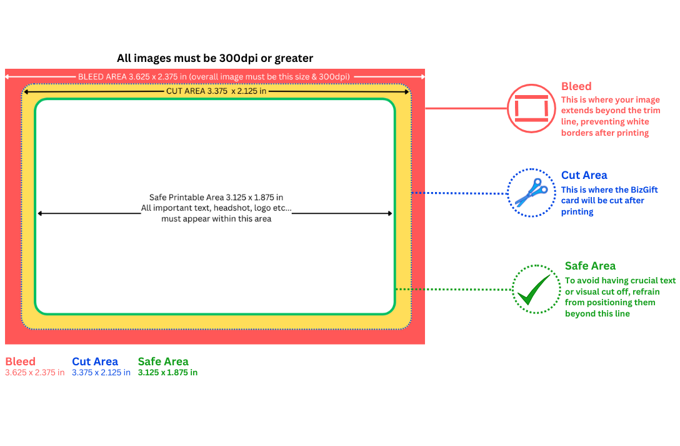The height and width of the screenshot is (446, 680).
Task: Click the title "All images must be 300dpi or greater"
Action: pyautogui.click(x=215, y=58)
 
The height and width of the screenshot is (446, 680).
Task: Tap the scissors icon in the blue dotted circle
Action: pyautogui.click(x=531, y=193)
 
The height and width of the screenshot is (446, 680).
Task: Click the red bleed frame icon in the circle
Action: pyautogui.click(x=531, y=108)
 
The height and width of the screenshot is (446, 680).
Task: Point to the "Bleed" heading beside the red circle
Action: pyautogui.click(x=576, y=86)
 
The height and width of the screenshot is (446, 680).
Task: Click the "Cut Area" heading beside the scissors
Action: pyautogui.click(x=584, y=175)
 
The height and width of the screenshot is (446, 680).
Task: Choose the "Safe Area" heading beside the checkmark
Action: pyautogui.click(x=590, y=266)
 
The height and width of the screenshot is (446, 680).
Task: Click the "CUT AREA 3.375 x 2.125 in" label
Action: pyautogui.click(x=216, y=91)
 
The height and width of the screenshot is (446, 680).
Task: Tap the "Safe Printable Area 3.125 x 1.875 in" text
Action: pyautogui.click(x=216, y=197)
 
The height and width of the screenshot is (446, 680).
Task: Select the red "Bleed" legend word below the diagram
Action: pyautogui.click(x=20, y=362)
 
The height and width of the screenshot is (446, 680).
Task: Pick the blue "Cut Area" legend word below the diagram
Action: pyautogui.click(x=95, y=362)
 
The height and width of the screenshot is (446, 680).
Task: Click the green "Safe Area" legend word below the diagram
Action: pyautogui.click(x=163, y=362)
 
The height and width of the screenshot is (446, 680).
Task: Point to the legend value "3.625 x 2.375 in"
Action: pyautogui.click(x=34, y=373)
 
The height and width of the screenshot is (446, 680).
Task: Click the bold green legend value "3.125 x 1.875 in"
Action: pyautogui.click(x=167, y=373)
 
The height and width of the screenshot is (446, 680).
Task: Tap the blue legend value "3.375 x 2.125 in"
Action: pyautogui.click(x=101, y=373)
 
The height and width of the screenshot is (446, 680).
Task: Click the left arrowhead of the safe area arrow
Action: pyautogui.click(x=39, y=213)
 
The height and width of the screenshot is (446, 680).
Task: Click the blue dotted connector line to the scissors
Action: pyautogui.click(x=459, y=193)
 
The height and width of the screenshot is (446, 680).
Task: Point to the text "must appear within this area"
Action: pyautogui.click(x=216, y=219)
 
